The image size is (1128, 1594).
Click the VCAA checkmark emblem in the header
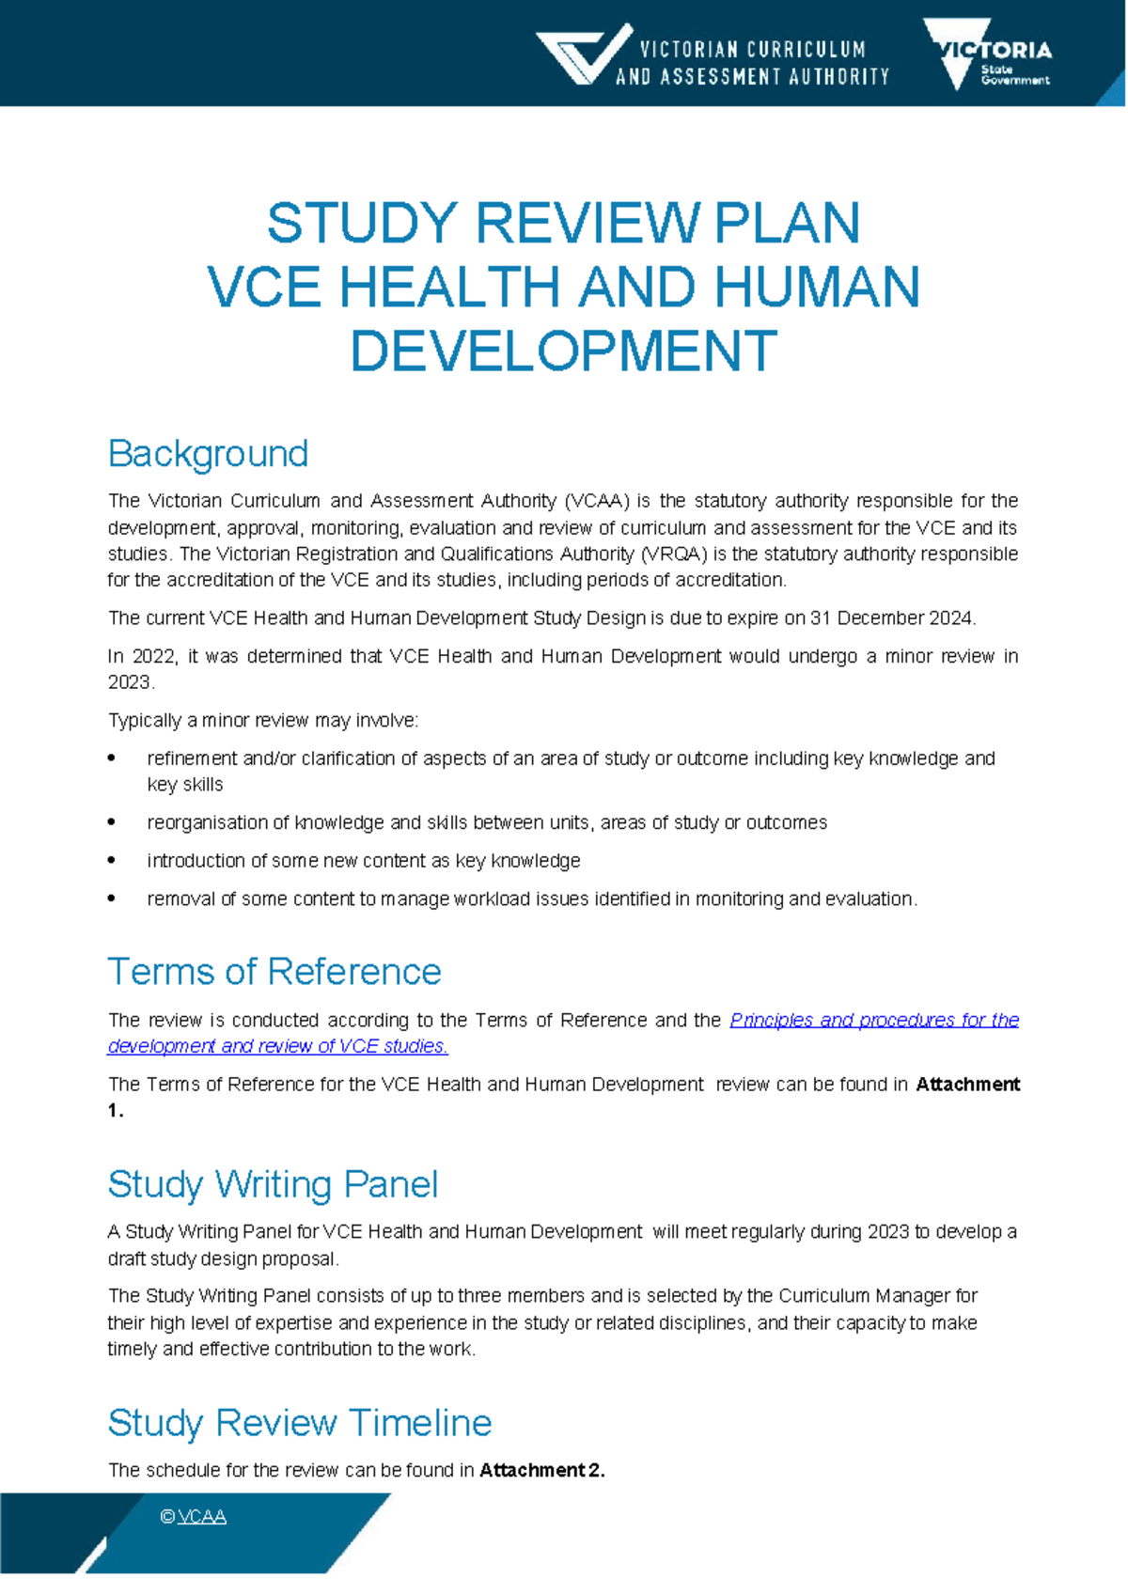(x=583, y=55)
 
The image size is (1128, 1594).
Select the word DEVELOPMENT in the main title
(x=563, y=351)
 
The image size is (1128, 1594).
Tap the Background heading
(x=208, y=454)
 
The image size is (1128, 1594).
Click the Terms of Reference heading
(x=274, y=972)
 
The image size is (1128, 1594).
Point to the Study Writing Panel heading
(x=273, y=1184)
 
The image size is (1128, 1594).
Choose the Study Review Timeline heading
(x=299, y=1423)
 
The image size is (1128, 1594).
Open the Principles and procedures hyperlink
(x=873, y=1021)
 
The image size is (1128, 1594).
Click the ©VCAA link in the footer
(x=194, y=1517)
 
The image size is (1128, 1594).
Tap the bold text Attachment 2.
(x=541, y=1471)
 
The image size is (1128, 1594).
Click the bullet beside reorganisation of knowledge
(x=112, y=822)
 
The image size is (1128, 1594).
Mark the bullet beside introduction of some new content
(x=112, y=861)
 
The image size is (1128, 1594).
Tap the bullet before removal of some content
(x=112, y=899)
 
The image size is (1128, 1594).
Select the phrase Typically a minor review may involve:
(x=263, y=721)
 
